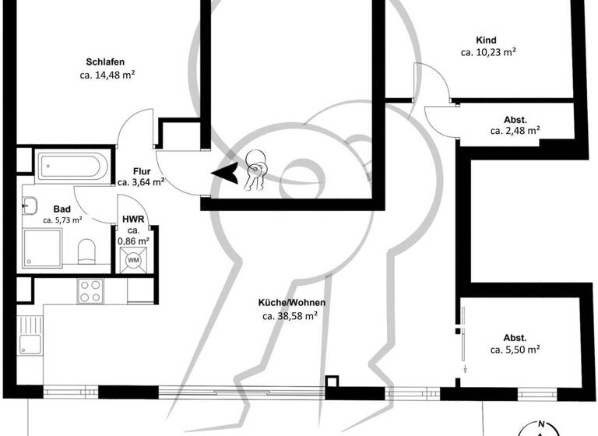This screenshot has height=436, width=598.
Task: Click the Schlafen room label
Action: pos(106,62)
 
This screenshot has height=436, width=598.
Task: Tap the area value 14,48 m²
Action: pos(109,76)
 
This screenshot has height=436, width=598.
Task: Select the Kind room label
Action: pos(486,40)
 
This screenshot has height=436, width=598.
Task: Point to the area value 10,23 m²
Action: pos(489,53)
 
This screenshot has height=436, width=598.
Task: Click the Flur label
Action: pos(141,171)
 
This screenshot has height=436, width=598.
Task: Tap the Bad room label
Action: pos(62,209)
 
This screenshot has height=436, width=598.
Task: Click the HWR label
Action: pos(132,220)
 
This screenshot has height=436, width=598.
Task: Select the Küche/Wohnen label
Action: pos(292,303)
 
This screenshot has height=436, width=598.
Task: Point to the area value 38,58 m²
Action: pos(290,316)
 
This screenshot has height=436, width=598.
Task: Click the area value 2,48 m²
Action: pos(515,131)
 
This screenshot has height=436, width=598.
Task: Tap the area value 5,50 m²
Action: pos(515,350)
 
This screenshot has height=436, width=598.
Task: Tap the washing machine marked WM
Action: pos(133,259)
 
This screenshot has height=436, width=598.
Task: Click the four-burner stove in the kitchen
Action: pos(90,290)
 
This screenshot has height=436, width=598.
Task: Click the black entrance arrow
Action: pos(226,174)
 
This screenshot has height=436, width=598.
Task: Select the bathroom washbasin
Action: pos(30,206)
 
